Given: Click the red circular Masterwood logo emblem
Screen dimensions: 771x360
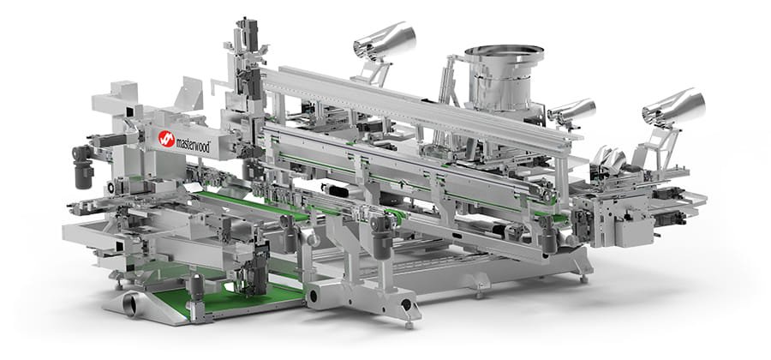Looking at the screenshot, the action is (167, 139).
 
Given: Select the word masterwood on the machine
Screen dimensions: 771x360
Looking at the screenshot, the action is (194, 145).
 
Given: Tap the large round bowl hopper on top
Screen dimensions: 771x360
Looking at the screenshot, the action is (504, 73).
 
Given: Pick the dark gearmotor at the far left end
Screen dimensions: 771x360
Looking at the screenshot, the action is (82, 166).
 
